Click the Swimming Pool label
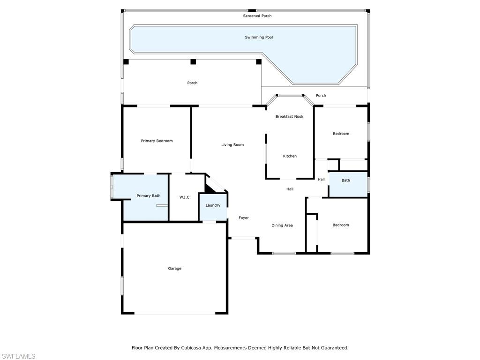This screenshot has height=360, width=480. pos(259,37)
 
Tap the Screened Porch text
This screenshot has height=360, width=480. pos(257,16)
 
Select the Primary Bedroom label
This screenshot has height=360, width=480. pos(157,141)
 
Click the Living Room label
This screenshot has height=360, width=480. pos(232,145)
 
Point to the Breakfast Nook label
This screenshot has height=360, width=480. pos(289,117)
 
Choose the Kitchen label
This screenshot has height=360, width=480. pos(290,156)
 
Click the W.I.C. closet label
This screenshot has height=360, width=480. pos(185,197)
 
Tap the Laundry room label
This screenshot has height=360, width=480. pos(213,205)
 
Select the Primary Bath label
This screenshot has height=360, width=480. pos(149,196)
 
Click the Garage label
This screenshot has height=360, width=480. pos(174,269)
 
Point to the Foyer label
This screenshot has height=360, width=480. pos(244,218)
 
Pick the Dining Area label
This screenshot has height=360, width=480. pos(282,225)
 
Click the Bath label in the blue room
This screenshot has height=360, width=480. pos(345,180)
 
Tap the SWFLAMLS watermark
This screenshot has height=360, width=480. pos(19,356)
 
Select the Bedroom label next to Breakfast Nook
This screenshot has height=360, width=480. pos(341,134)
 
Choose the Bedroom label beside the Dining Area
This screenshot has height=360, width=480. pos(341,225)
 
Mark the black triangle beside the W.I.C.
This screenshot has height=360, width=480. pos(209,188)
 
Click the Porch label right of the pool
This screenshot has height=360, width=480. pos(321,96)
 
